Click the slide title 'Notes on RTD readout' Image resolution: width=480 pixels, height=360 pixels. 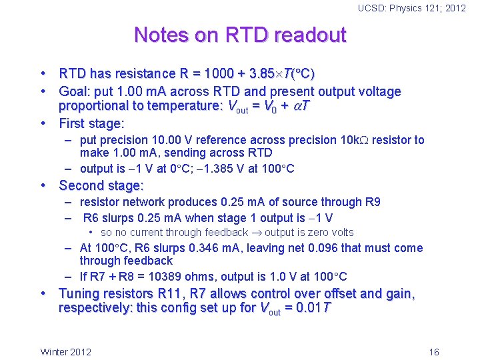pyautogui.click(x=240, y=35)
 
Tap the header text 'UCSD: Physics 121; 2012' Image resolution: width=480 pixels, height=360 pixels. pyautogui.click(x=412, y=8)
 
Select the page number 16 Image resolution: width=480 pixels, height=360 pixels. pyautogui.click(x=434, y=352)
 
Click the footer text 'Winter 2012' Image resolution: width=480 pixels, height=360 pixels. pyautogui.click(x=66, y=352)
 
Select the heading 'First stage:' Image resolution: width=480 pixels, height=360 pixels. pyautogui.click(x=92, y=123)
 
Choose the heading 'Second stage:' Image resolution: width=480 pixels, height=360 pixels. pyautogui.click(x=101, y=185)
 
